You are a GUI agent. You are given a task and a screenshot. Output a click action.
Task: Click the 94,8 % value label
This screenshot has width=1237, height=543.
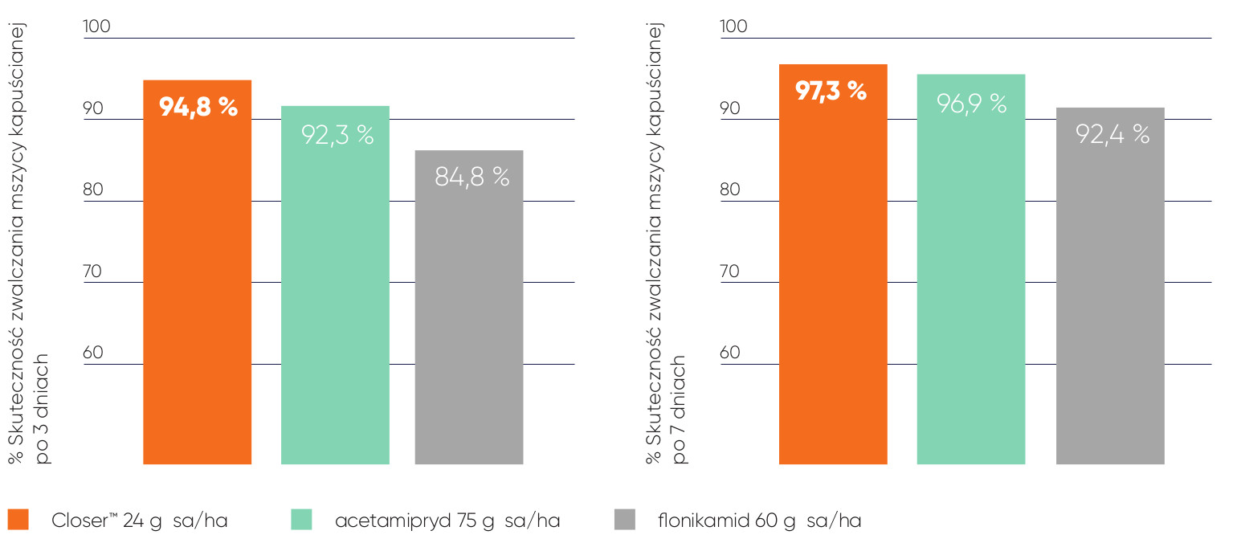point(198,107)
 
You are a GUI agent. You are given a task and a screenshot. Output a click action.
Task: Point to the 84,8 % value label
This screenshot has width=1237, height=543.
point(472,177)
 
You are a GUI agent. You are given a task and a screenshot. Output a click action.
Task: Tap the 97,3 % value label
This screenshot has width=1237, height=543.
point(831,91)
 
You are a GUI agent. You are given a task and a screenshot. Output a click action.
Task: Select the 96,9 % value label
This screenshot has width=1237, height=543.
point(972,103)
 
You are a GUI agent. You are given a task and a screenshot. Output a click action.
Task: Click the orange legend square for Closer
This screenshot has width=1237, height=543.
point(18,520)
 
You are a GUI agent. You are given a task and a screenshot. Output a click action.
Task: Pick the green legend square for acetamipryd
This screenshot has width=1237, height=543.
point(300,520)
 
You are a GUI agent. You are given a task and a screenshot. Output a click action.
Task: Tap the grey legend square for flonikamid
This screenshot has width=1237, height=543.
point(624,520)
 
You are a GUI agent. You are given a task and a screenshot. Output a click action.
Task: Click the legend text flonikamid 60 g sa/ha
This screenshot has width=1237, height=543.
point(759,521)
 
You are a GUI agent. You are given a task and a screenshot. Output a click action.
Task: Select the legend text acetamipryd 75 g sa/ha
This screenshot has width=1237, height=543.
point(447,521)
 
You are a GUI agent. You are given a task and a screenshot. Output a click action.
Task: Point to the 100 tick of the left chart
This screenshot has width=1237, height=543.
point(96,27)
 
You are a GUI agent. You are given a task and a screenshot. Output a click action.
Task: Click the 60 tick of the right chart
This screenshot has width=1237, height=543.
point(733,353)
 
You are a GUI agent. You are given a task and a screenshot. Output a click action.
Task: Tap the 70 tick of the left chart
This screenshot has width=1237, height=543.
point(93,271)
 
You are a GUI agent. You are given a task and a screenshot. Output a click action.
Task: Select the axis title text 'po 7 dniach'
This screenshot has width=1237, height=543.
point(680,407)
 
